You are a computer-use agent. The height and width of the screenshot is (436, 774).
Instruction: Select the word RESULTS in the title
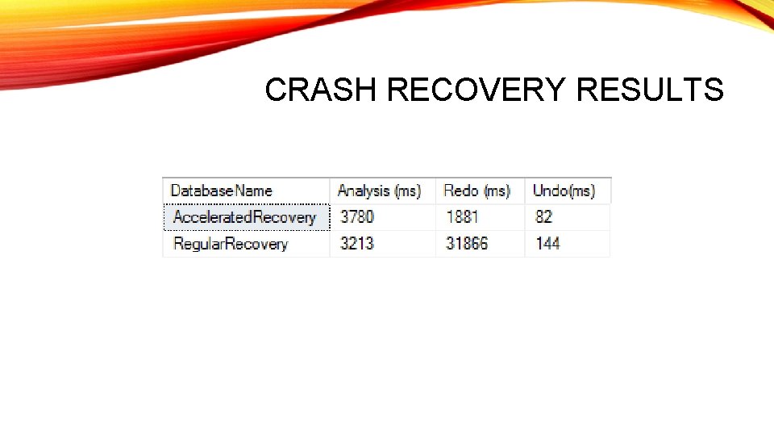tap(650, 90)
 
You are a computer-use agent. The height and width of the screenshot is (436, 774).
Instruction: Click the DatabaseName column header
tap(222, 191)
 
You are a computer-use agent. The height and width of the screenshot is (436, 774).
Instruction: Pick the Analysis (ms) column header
tap(379, 191)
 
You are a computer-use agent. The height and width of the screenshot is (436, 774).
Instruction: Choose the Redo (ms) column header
tap(476, 191)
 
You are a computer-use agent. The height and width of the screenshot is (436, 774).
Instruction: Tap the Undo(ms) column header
tap(564, 191)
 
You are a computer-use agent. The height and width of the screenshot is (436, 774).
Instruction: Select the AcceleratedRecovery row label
tap(244, 217)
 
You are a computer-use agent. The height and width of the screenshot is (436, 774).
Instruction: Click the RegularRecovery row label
tap(231, 244)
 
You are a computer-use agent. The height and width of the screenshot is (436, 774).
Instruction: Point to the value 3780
tap(357, 217)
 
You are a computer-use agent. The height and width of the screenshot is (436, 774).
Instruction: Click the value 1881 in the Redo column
tap(462, 217)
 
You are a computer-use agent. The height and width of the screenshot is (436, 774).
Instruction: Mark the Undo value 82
tap(543, 217)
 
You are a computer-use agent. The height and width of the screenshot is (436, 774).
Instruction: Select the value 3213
tap(357, 244)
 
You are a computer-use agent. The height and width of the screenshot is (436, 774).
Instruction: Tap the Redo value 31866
tap(467, 244)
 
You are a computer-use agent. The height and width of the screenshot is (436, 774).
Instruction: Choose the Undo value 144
tap(547, 244)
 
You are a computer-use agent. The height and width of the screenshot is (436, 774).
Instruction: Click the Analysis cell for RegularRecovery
tap(382, 244)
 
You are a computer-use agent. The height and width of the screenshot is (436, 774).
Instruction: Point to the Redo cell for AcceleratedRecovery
tap(480, 217)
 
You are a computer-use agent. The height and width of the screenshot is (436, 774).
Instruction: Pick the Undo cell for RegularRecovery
tap(567, 244)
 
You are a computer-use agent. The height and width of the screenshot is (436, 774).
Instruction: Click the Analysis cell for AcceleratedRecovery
tap(382, 217)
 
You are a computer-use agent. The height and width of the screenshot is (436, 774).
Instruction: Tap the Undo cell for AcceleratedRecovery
tap(567, 217)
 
